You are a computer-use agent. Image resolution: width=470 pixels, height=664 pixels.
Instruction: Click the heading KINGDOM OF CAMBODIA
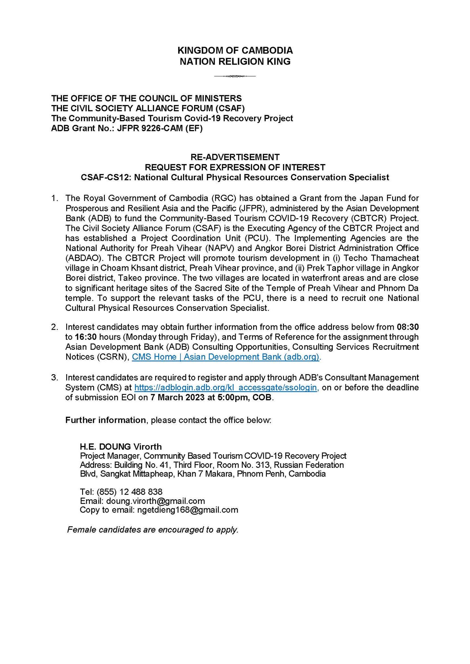pyautogui.click(x=235, y=51)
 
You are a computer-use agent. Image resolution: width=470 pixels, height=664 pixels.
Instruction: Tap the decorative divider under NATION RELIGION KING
pyautogui.click(x=235, y=77)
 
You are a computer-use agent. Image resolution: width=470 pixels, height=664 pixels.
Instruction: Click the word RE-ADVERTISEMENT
pyautogui.click(x=235, y=157)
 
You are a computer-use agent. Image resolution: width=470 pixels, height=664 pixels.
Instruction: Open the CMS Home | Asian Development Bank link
pyautogui.click(x=226, y=357)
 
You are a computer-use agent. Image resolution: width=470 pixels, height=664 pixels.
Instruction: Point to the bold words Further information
pyautogui.click(x=105, y=420)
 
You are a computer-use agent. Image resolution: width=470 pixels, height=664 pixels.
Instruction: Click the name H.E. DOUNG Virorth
pyautogui.click(x=121, y=447)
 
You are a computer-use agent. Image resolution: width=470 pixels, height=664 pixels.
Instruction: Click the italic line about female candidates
pyautogui.click(x=153, y=530)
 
